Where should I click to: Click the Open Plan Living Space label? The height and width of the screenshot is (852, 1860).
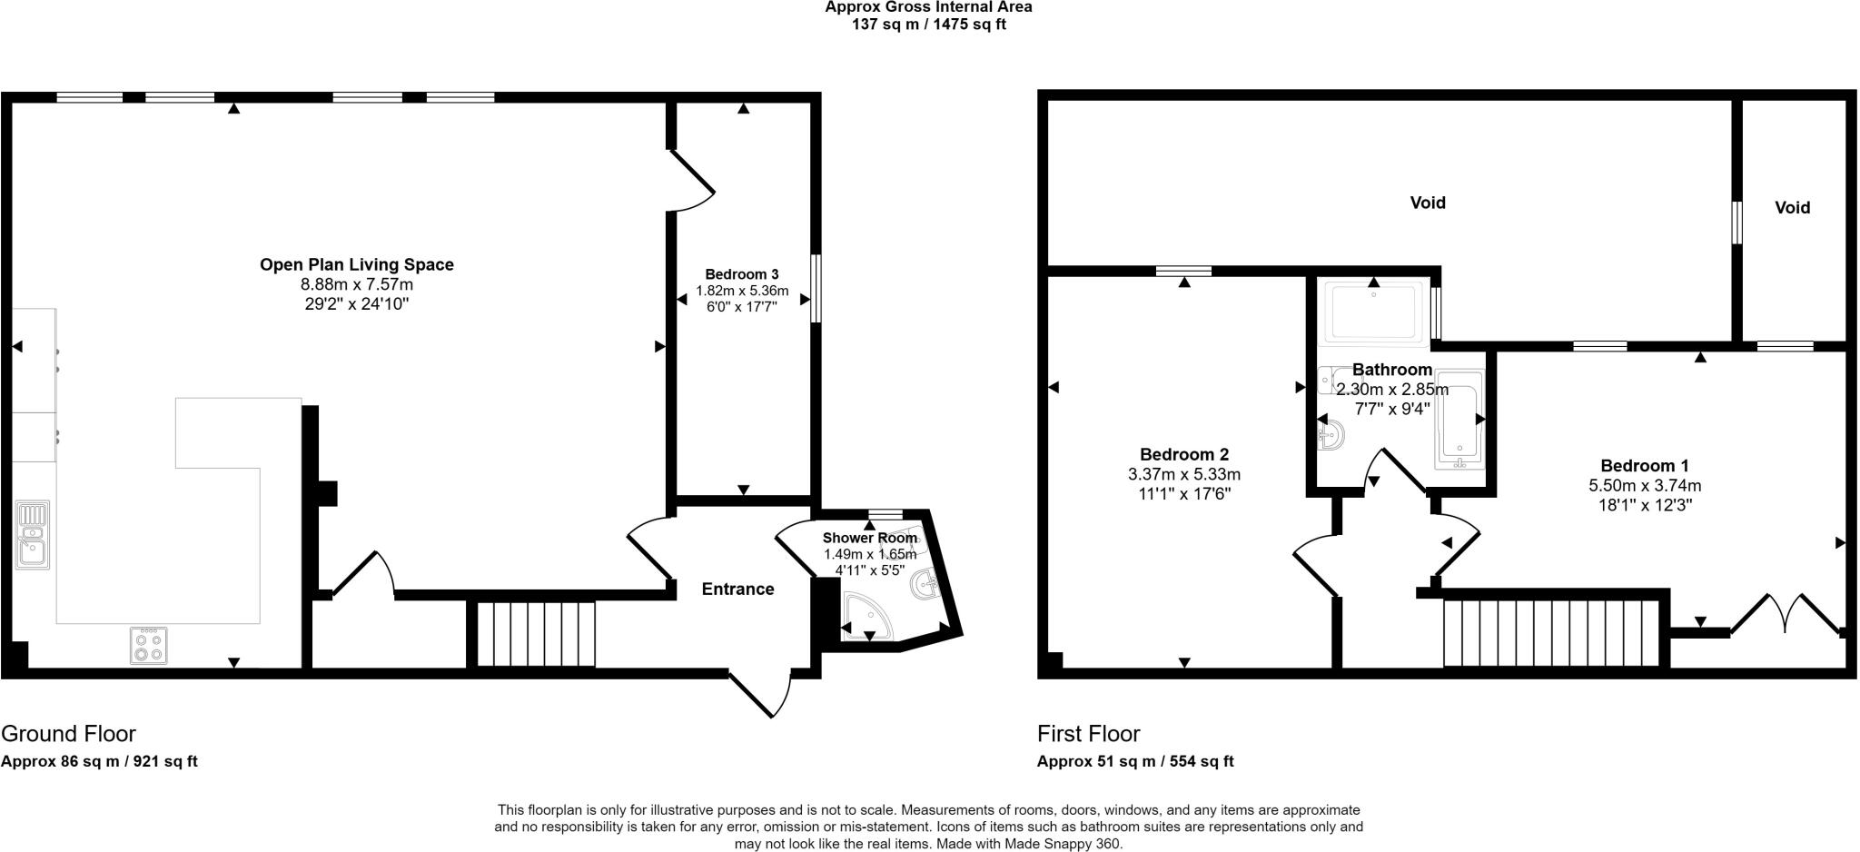point(356,264)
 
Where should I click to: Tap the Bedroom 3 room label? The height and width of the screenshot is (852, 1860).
point(742,274)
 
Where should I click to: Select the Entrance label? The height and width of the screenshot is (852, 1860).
point(737,589)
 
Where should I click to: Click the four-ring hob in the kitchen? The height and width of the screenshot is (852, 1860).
point(149,646)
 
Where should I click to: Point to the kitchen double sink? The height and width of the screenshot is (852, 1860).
point(32,535)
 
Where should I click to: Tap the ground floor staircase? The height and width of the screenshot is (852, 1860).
point(536,634)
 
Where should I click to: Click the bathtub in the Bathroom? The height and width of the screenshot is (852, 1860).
point(1459,420)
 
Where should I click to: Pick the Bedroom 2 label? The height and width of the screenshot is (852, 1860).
point(1184,454)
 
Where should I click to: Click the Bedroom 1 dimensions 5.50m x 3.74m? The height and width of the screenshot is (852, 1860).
point(1644,485)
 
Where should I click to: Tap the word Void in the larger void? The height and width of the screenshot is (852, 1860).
point(1428,203)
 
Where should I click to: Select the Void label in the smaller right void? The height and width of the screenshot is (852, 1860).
point(1793,208)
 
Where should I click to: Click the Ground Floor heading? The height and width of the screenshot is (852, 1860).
point(68,734)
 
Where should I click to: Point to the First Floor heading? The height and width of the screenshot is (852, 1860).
point(1088,734)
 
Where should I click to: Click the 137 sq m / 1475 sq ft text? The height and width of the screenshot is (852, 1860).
point(928,25)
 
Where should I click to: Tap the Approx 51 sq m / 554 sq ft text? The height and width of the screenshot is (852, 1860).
point(1135,762)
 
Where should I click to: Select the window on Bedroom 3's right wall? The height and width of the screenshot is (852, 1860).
point(816,288)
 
